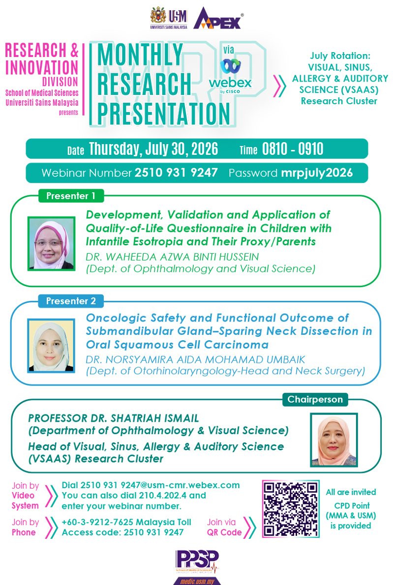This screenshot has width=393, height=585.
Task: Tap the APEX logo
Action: point(219,18)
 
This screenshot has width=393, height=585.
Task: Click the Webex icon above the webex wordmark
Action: point(230,66)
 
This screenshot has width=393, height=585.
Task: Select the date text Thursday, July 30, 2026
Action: point(153,148)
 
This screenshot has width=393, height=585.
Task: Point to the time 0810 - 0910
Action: point(293,149)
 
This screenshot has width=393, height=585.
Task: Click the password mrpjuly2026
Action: point(317,173)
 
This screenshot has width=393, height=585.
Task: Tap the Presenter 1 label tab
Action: point(71,196)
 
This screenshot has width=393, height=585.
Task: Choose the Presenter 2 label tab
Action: point(71,301)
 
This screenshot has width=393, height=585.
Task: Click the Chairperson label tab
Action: point(315,399)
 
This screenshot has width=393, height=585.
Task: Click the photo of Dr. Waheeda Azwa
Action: point(52,244)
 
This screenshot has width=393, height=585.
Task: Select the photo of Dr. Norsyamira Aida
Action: point(52,346)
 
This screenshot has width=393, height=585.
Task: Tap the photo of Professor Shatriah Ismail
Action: point(334,440)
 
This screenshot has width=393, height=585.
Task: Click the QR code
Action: point(291,509)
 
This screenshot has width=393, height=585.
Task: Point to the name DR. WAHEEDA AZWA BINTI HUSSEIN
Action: point(173,257)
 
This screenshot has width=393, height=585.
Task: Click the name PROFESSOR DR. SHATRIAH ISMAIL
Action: point(114,418)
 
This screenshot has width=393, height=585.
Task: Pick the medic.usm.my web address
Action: point(197,581)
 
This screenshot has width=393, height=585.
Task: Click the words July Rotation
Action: point(340,56)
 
